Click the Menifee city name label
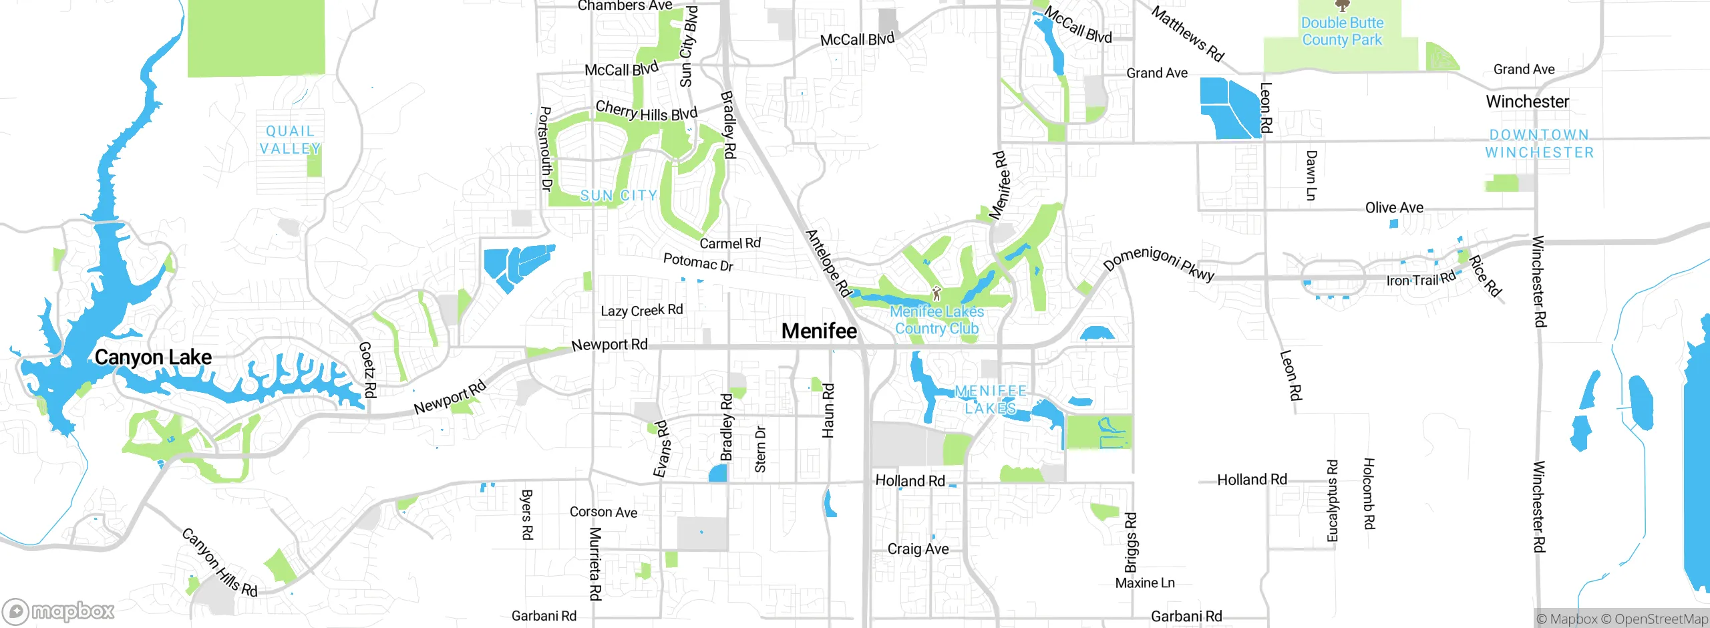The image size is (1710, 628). [819, 331]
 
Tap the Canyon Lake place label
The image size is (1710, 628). [153, 357]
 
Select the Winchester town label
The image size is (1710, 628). [1527, 102]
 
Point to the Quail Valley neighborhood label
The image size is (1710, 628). [290, 140]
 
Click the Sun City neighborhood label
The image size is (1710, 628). [619, 196]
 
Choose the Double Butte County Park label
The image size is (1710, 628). [1342, 31]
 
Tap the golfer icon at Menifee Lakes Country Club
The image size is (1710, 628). [936, 293]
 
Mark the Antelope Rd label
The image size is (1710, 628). [828, 263]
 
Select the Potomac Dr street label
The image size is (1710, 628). [698, 262]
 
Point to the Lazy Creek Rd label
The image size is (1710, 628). [641, 311]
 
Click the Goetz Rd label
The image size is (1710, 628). [368, 369]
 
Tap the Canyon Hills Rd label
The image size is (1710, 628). [220, 563]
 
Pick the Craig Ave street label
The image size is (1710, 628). [918, 549]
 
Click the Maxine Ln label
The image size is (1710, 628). [1145, 583]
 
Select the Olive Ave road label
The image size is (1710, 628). [1394, 208]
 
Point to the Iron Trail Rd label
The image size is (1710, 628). [1420, 280]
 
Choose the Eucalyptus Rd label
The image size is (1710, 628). [1332, 501]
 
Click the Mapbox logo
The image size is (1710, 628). [58, 611]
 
